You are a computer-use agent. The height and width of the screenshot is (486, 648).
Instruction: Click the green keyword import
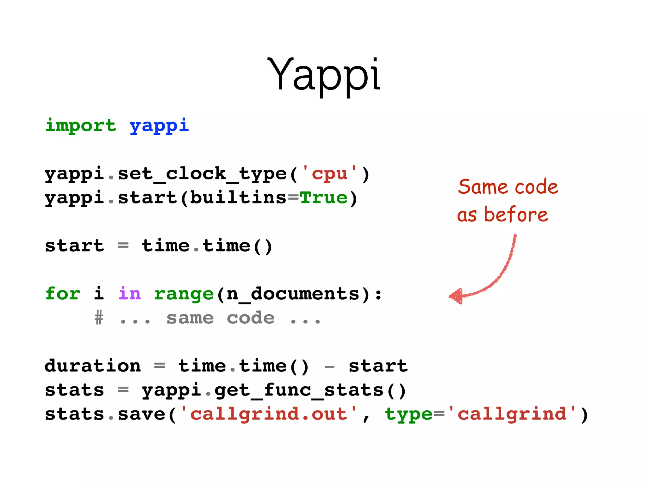(80, 125)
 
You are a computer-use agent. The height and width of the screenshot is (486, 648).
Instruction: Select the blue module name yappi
(159, 125)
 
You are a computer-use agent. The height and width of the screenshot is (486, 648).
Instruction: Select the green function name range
(184, 294)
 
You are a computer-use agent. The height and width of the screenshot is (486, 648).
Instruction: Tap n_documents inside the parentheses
(293, 294)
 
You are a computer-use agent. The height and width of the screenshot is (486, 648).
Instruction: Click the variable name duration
(92, 366)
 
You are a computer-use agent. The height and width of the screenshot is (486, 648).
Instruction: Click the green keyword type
(408, 414)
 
